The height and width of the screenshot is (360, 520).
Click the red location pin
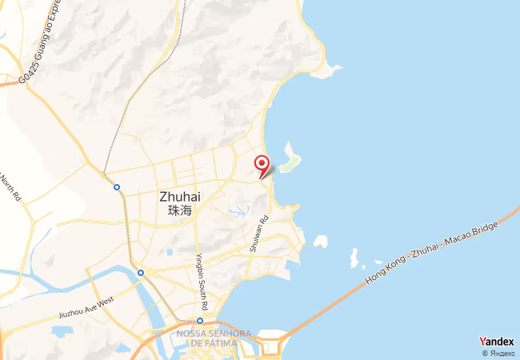262,164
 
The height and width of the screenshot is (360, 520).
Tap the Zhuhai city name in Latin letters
180,196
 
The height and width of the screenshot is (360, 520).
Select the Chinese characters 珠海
180,211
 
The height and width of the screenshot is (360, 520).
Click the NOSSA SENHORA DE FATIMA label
214,338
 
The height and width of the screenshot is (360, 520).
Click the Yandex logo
496,342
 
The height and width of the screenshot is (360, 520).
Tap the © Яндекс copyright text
498,353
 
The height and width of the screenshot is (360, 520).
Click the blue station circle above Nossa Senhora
200,321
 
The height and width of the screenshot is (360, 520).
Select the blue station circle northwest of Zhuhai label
117,187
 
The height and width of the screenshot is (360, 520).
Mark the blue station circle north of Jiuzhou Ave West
141,273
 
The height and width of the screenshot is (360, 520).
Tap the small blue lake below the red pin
238,212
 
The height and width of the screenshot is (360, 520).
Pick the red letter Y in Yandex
482,342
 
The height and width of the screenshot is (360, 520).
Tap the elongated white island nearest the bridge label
353,258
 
